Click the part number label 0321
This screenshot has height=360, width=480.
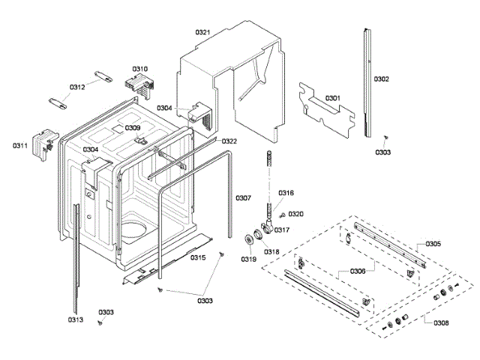pos(202,32)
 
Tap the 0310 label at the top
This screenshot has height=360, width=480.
pos(140,68)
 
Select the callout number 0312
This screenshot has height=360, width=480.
pos(77,87)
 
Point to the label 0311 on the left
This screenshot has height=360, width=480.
pos(20,145)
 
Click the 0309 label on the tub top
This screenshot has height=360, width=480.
pos(133,128)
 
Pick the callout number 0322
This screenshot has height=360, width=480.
pos(229,141)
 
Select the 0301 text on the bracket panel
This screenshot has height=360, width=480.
pos(332,98)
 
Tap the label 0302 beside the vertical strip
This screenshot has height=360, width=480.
pos(382,79)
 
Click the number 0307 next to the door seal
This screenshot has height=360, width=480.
pos(243,198)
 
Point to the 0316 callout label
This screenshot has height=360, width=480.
pos(286,193)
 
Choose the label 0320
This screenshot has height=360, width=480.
pos(295,214)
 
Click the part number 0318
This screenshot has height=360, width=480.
pos(271,251)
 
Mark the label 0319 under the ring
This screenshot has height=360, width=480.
pos(247,259)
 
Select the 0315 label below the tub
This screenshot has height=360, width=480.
pos(198,257)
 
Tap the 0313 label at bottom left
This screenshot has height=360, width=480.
pos(75,320)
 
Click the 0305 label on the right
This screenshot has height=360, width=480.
pos(433,244)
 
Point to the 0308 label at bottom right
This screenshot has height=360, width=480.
pos(441,322)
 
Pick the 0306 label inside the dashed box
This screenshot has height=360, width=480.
pos(358,271)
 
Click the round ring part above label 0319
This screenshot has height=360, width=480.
pos(247,239)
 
